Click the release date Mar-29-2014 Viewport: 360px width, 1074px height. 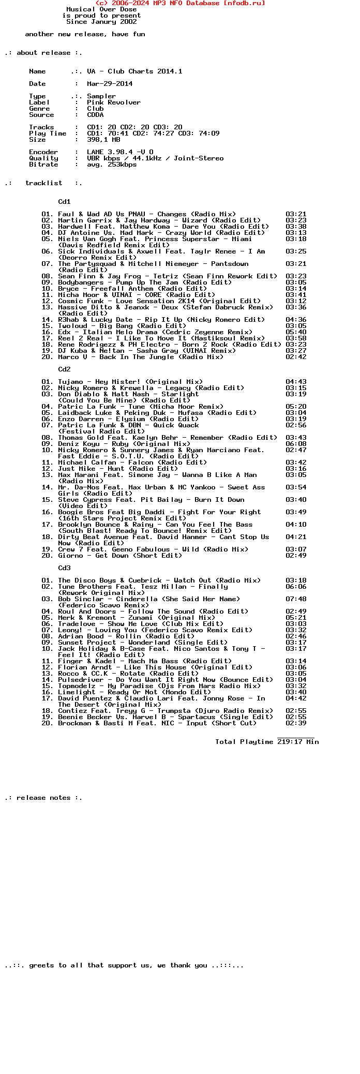(110, 84)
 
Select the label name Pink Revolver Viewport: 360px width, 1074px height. (114, 102)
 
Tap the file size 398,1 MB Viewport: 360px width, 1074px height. (103, 140)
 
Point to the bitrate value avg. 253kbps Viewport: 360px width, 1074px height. (112, 165)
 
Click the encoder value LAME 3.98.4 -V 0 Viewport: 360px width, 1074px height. (120, 152)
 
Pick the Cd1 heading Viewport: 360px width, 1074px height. (64, 202)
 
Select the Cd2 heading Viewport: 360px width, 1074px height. (64, 369)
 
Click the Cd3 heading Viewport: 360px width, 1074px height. (64, 568)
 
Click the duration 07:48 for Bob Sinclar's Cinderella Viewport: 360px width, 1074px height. (296, 599)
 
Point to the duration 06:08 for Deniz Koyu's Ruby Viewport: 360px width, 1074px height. (296, 444)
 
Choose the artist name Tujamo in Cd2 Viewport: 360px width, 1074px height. (70, 382)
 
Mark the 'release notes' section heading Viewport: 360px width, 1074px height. (43, 798)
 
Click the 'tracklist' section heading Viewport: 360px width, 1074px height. (43, 183)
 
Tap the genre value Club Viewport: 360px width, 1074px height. (95, 109)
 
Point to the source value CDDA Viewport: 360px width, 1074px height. (95, 115)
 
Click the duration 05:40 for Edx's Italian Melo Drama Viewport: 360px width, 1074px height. (296, 332)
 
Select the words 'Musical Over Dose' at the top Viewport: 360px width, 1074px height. (101, 9)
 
